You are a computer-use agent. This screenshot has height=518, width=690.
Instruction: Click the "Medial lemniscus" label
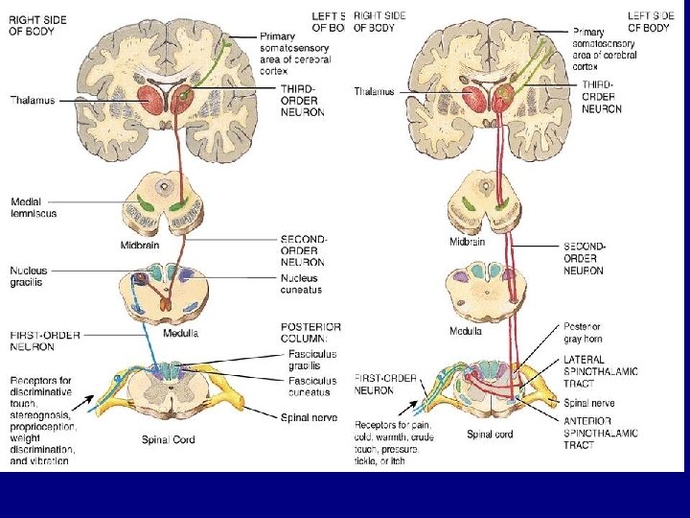(34, 207)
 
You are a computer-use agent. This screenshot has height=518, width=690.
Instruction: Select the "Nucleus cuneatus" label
(301, 283)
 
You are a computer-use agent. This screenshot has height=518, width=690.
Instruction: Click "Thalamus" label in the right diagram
(376, 91)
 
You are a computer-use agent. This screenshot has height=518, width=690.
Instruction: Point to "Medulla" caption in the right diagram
(466, 332)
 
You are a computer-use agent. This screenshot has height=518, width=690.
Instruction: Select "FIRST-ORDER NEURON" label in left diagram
(44, 340)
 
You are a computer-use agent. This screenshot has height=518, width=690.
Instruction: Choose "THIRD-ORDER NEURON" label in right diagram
(601, 97)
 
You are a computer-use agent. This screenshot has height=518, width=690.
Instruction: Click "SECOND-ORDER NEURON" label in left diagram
(302, 250)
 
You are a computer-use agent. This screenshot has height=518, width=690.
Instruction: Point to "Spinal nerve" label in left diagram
(309, 417)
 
